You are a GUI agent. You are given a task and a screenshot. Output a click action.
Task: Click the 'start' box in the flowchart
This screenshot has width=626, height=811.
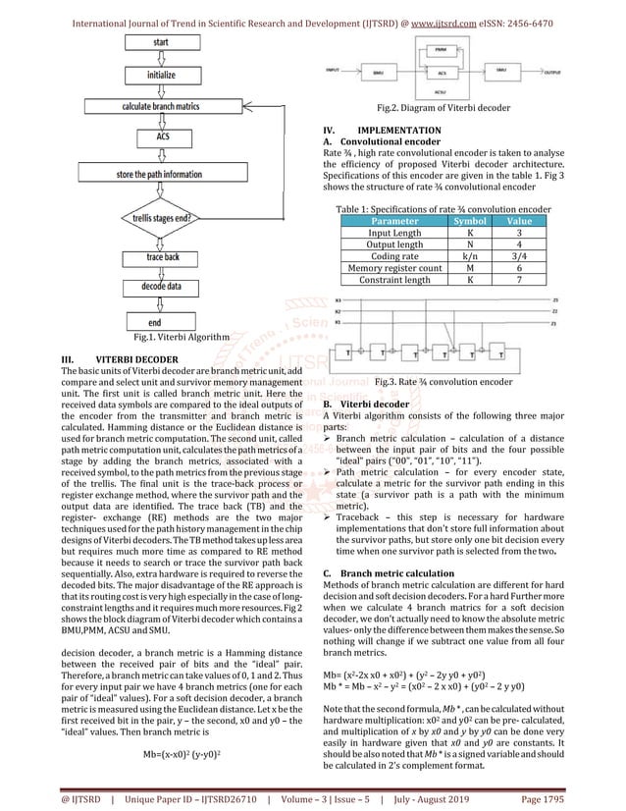161,42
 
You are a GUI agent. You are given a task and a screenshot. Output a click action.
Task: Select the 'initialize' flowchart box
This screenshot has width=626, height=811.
161,74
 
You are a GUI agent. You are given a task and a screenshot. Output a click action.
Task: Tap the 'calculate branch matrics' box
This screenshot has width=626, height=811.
161,105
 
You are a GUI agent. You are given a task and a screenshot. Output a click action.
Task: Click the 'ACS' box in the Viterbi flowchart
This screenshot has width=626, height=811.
161,137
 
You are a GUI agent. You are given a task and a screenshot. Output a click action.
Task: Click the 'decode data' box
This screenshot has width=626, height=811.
161,288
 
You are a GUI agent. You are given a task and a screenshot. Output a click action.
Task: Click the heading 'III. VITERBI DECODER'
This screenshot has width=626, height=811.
120,360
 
